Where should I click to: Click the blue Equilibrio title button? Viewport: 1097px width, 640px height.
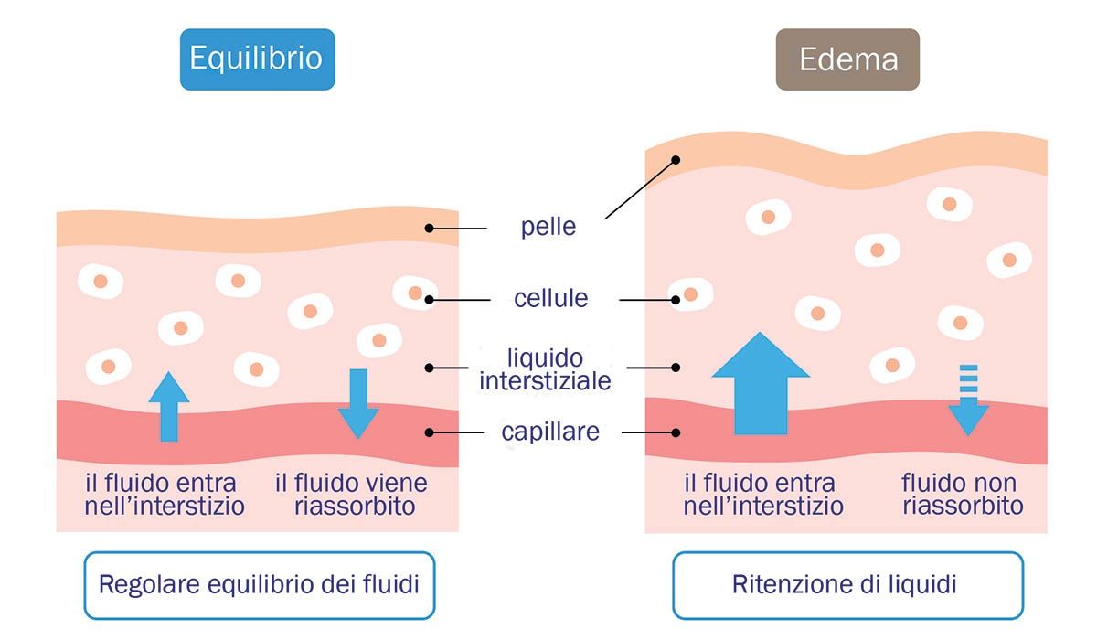tap(257, 59)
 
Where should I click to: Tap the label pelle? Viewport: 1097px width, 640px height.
tap(548, 227)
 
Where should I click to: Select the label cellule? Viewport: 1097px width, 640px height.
tap(550, 298)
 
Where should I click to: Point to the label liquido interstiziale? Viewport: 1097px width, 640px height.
tap(546, 368)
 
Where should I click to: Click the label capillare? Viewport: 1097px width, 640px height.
tap(550, 432)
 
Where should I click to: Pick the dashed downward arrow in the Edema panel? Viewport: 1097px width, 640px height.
tap(968, 400)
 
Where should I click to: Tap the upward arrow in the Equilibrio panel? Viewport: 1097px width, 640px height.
tap(169, 406)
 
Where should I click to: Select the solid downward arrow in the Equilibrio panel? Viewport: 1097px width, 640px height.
tap(358, 403)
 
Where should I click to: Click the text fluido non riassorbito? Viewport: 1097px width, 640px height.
tap(963, 494)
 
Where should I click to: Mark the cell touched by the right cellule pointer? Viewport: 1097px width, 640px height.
tap(690, 294)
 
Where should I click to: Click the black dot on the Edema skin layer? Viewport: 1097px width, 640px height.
tap(676, 160)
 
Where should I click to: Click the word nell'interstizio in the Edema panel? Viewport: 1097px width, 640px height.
tap(763, 506)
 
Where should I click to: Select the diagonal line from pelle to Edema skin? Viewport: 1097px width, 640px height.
tap(640, 189)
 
